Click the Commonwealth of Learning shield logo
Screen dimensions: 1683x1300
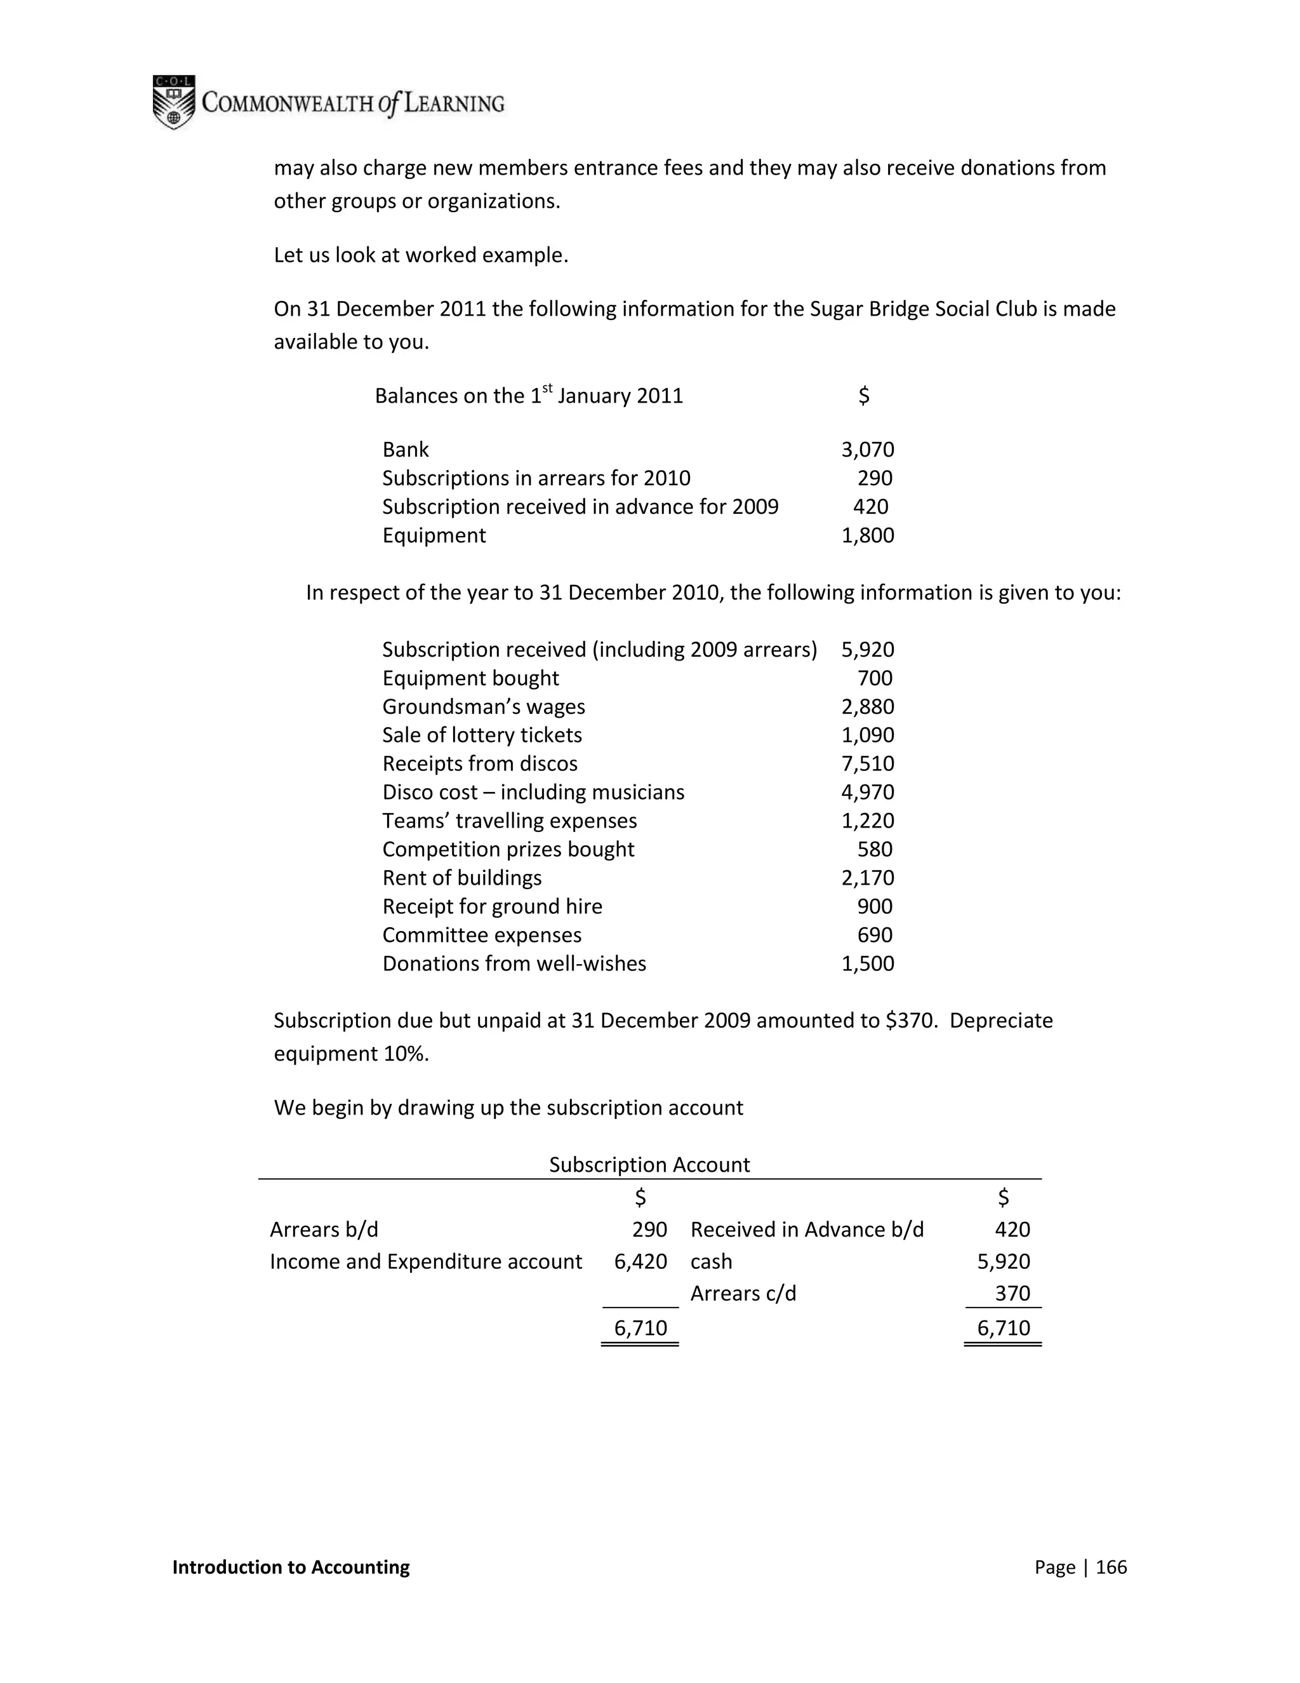(x=173, y=102)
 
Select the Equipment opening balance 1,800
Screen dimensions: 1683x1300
(x=867, y=535)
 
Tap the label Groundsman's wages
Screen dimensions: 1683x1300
(x=483, y=707)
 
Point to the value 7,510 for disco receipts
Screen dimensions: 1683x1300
(x=867, y=763)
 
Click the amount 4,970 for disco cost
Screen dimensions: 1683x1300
(x=867, y=792)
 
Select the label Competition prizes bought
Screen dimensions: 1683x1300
(x=508, y=849)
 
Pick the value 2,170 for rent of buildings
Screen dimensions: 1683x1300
(x=867, y=878)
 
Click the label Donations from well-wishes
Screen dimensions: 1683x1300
(x=514, y=963)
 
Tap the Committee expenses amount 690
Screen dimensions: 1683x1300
(x=874, y=935)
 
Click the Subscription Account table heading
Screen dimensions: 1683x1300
(x=649, y=1164)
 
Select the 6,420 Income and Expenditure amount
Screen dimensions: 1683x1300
(x=640, y=1261)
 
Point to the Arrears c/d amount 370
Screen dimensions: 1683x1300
(x=1012, y=1293)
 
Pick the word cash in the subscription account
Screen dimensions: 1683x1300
(x=711, y=1261)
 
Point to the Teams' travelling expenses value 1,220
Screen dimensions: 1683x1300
(x=867, y=821)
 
